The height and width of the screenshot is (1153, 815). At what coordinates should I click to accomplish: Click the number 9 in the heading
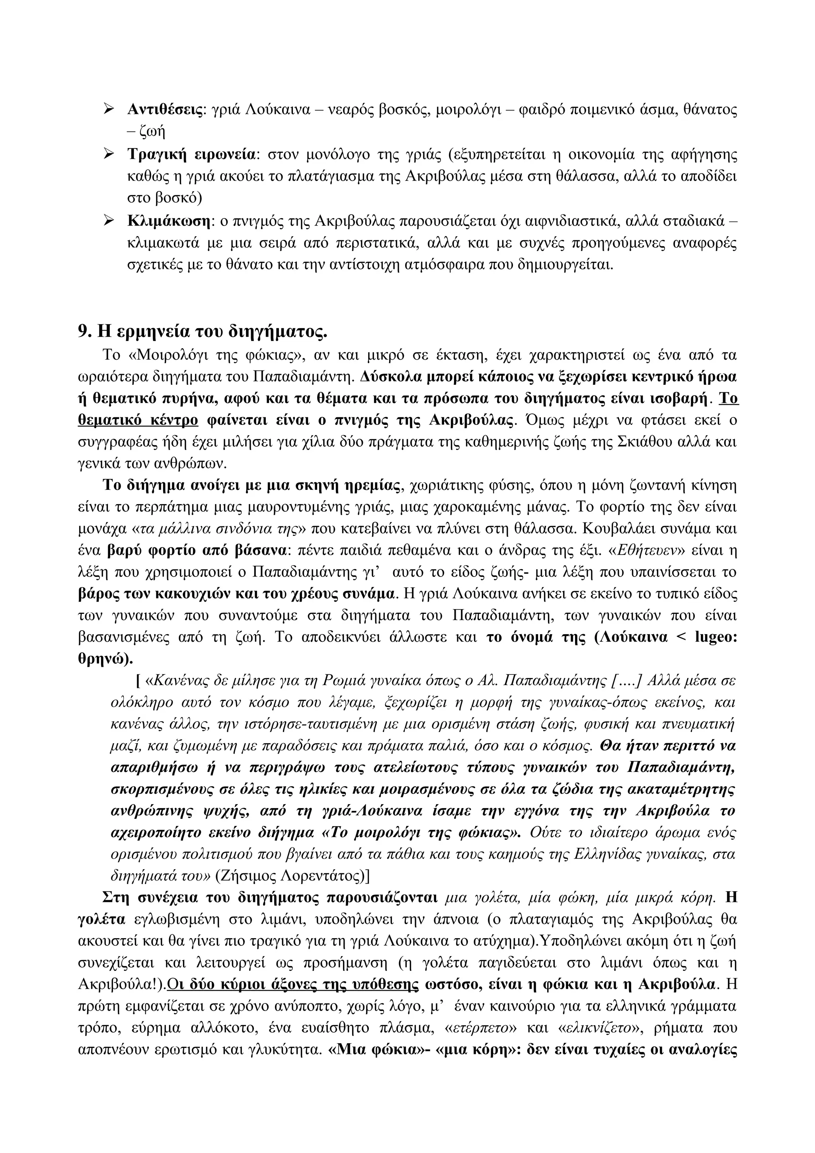pyautogui.click(x=83, y=331)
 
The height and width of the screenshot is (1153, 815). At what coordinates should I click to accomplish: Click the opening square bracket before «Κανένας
pyautogui.click(x=138, y=681)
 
